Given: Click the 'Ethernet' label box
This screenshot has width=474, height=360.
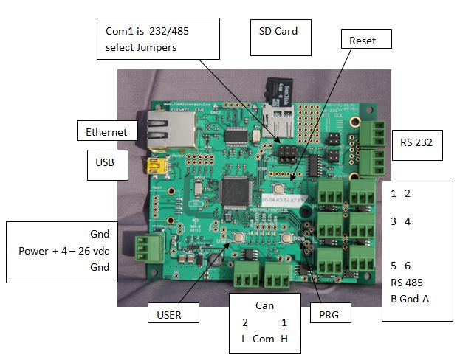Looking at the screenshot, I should pyautogui.click(x=106, y=132).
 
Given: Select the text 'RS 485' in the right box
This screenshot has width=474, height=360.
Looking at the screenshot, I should pyautogui.click(x=408, y=282).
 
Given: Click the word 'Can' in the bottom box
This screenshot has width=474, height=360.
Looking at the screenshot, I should pyautogui.click(x=264, y=305).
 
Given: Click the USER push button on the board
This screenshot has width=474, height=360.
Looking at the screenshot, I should pyautogui.click(x=240, y=237).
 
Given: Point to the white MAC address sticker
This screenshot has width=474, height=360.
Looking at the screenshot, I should pyautogui.click(x=287, y=200).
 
